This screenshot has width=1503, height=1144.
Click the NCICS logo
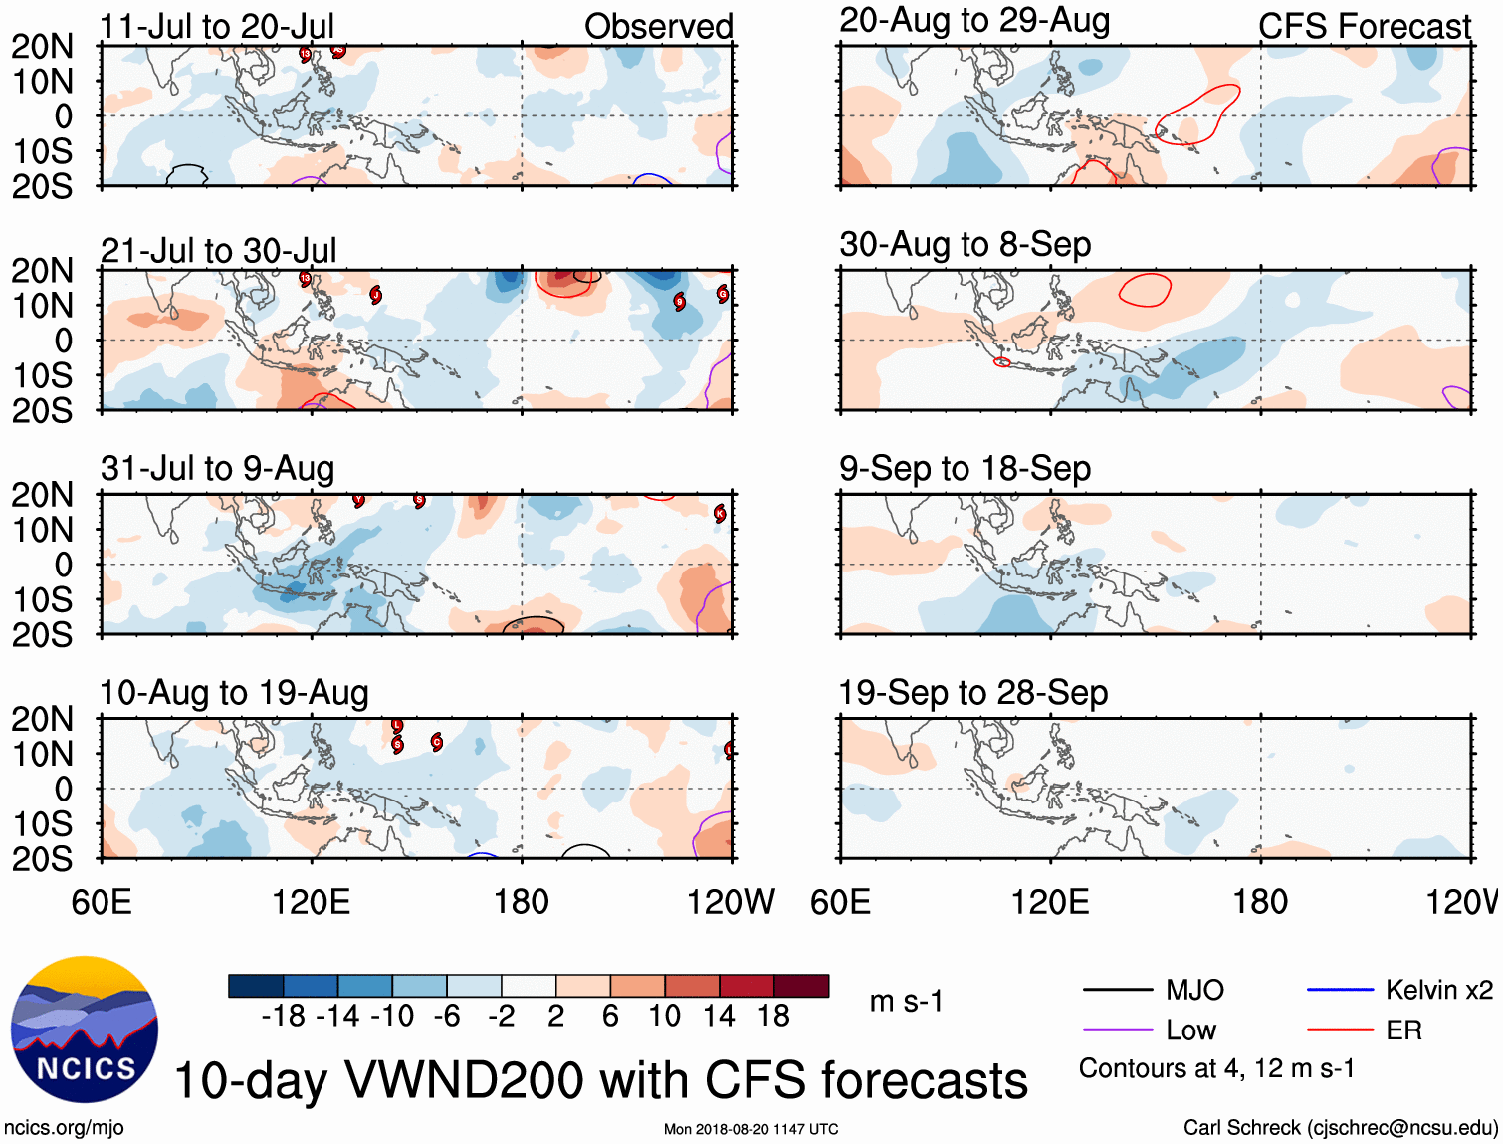85,1030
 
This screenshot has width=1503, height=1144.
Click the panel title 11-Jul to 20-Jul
217,27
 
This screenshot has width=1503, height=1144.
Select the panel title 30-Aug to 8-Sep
965,245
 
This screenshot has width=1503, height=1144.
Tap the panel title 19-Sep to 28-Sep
972,693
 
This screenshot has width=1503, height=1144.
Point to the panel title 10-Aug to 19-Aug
234,693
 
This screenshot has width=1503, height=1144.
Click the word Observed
658,27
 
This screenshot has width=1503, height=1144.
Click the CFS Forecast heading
1364,27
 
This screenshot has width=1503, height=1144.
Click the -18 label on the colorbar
283,1016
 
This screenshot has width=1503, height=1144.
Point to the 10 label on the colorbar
664,1016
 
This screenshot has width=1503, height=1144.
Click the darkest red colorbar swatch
801,986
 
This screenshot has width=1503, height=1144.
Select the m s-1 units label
906,1002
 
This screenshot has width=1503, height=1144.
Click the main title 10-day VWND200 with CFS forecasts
600,1081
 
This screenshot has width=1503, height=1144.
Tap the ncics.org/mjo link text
64,1128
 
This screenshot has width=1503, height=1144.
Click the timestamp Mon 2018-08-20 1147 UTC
751,1129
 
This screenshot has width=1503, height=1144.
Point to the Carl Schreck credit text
1340,1128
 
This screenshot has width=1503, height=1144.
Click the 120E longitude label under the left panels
311,903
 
